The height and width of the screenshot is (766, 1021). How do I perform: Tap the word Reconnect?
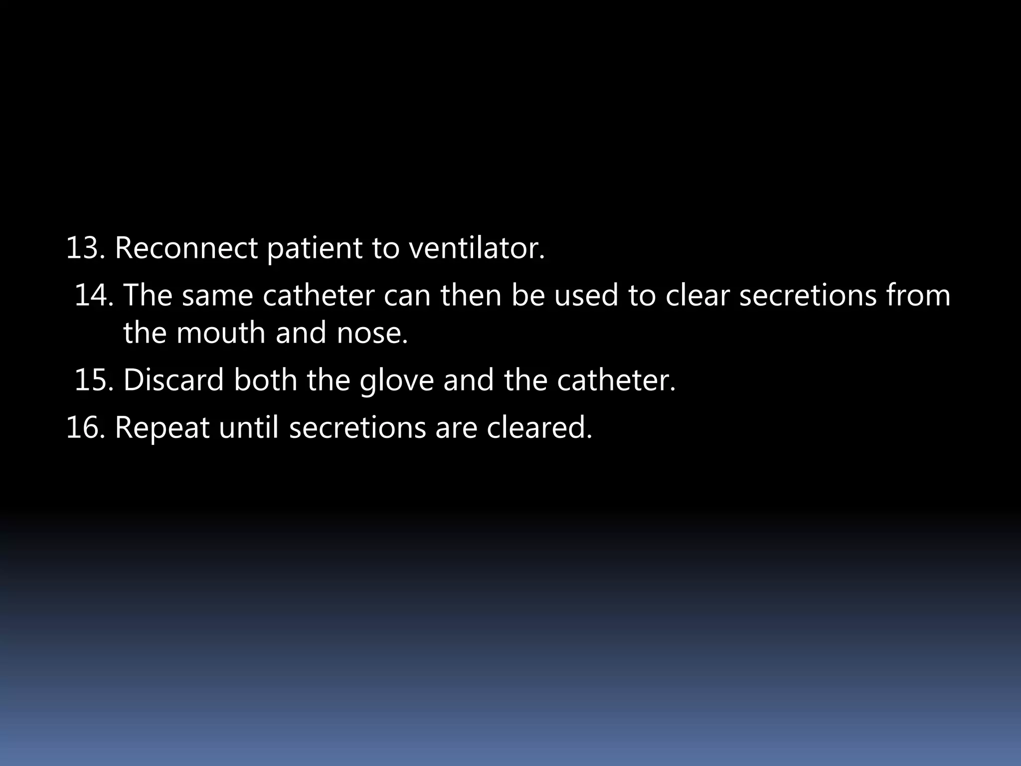point(186,248)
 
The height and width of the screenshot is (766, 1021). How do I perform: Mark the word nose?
point(372,334)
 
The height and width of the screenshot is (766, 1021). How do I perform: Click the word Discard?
point(173,380)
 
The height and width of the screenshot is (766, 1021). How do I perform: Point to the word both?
point(265,380)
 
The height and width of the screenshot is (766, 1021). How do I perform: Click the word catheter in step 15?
point(616,380)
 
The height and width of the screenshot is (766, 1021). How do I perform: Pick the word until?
point(248,427)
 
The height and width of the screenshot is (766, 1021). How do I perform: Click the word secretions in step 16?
point(357,427)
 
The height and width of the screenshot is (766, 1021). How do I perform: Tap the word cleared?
point(539,427)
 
